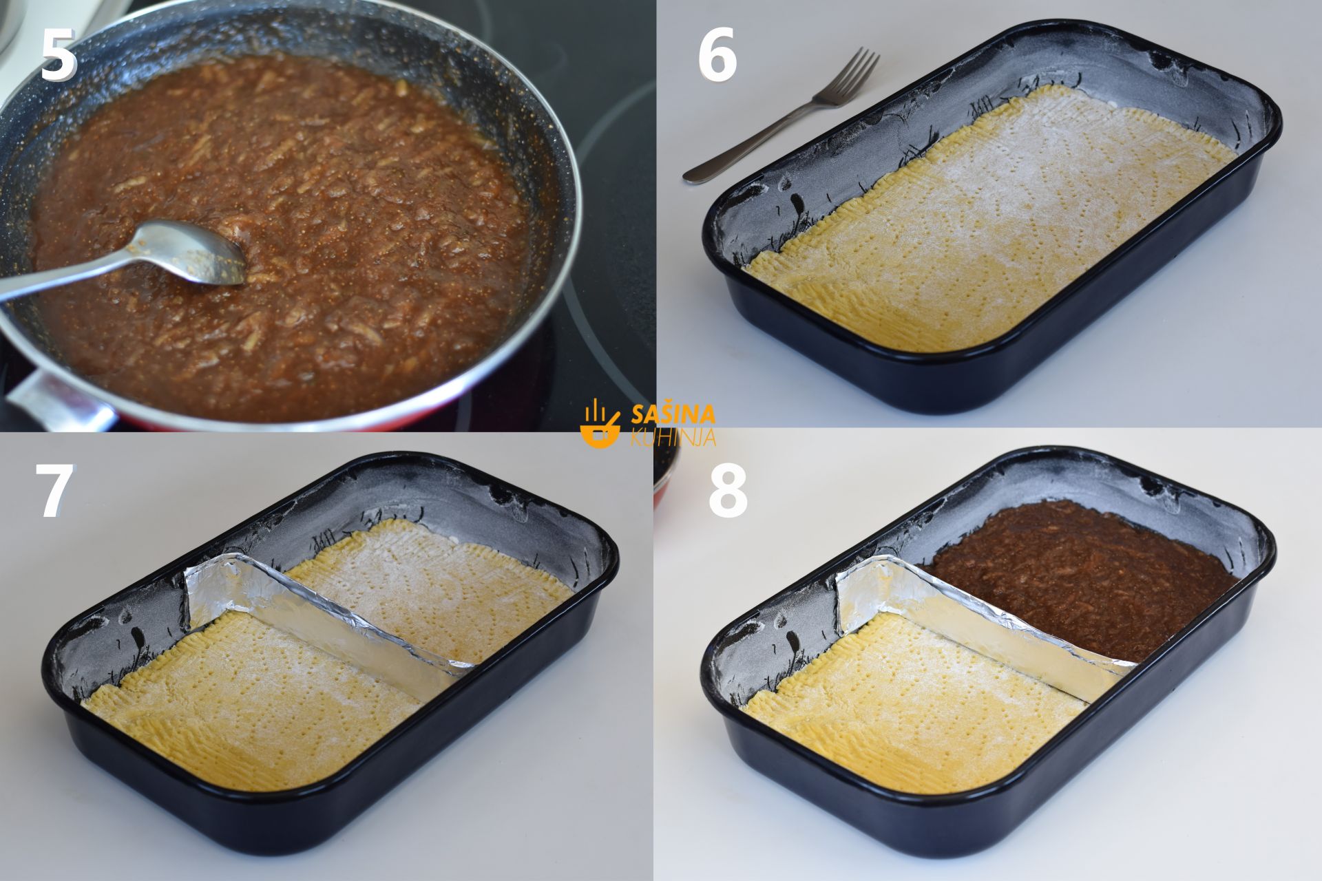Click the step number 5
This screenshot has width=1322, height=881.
(x=58, y=56)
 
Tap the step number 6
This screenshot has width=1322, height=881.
(x=717, y=56)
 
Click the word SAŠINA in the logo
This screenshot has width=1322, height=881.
(x=673, y=414)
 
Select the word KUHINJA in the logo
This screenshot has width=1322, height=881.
(x=673, y=437)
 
